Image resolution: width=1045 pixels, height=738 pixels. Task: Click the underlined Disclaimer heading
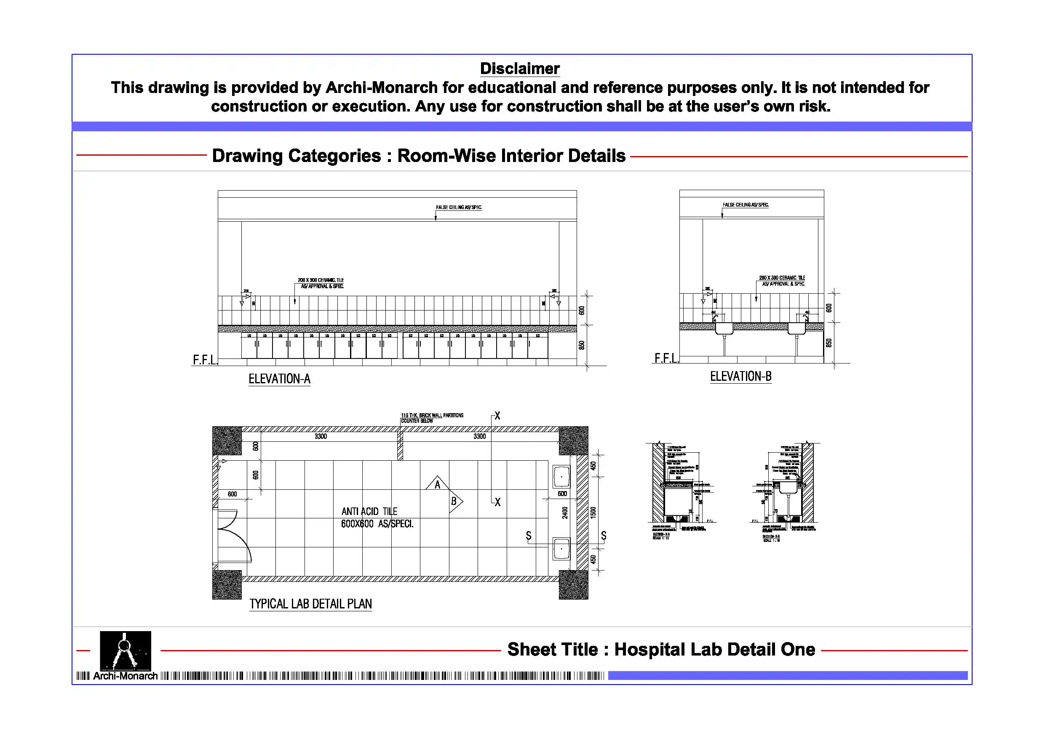[519, 69]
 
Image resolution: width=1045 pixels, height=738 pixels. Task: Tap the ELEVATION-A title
[279, 379]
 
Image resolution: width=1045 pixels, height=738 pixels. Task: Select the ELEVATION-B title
[740, 377]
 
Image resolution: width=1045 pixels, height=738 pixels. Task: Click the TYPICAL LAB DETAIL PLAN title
[310, 604]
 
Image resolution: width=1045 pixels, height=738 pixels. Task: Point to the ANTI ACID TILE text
[369, 512]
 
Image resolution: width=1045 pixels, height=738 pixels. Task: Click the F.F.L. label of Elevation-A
[204, 360]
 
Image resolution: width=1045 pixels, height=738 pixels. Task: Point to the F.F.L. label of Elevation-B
[666, 358]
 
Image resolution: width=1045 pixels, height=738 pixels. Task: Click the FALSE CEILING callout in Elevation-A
[458, 207]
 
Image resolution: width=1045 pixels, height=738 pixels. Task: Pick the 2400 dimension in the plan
[565, 512]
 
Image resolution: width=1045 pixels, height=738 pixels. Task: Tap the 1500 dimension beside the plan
[593, 512]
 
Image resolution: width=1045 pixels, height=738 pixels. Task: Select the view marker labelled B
[454, 502]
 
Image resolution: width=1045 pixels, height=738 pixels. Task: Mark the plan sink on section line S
[561, 549]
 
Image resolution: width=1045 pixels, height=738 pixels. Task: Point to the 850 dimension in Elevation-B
[829, 343]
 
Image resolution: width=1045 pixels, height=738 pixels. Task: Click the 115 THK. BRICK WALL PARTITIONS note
[432, 415]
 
